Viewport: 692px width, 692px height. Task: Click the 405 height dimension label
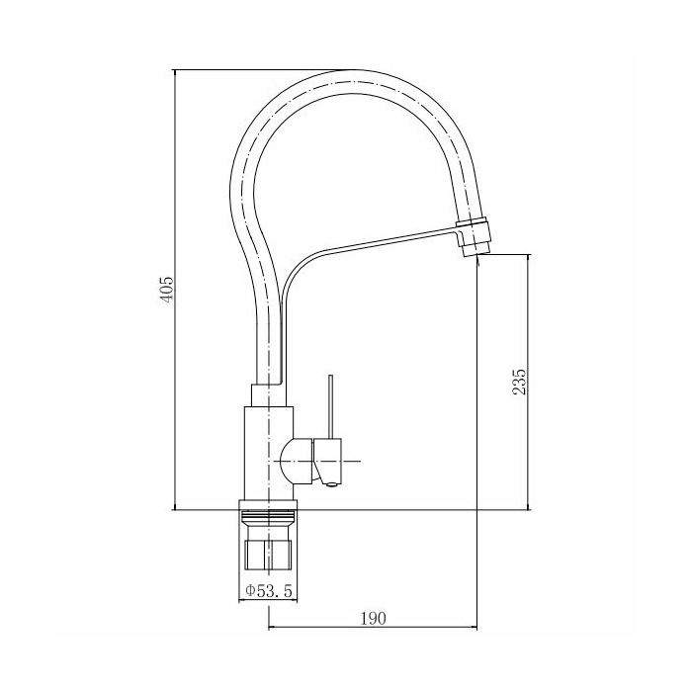coord(166,290)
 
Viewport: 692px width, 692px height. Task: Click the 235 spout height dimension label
coord(519,382)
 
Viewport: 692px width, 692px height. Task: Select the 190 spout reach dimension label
coord(374,618)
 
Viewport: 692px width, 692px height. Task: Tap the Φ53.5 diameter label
coord(269,590)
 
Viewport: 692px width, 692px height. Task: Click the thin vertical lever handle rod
coord(331,407)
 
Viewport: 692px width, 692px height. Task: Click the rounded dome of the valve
coord(297,462)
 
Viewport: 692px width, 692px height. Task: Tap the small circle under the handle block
coord(331,485)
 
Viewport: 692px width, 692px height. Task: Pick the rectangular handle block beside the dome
coord(327,461)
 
